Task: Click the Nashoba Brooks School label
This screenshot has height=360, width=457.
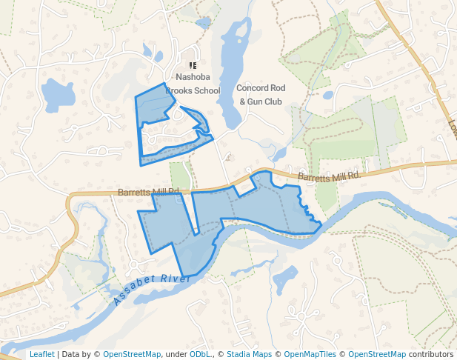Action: tap(193, 84)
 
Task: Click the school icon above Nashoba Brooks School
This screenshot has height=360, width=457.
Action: tap(193, 66)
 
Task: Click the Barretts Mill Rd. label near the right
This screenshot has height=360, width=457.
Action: tap(330, 176)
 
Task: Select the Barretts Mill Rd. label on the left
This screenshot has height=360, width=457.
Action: tap(149, 192)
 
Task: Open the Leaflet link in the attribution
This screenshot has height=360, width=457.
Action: tap(41, 354)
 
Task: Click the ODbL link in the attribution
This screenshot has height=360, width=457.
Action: tap(200, 354)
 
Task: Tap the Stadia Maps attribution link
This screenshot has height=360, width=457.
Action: tap(249, 354)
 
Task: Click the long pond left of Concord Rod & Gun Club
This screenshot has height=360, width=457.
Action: tap(233, 74)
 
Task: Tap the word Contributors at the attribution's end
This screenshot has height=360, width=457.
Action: tap(431, 354)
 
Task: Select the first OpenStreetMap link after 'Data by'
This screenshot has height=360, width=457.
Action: tap(131, 354)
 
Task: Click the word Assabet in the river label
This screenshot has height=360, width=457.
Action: tap(133, 296)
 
